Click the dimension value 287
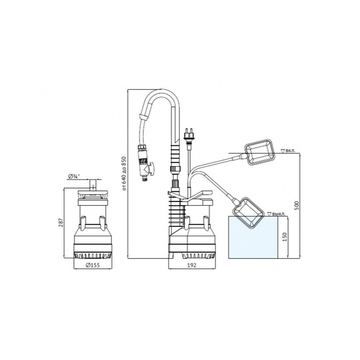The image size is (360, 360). [x=61, y=222]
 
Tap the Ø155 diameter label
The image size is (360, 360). [x=93, y=265]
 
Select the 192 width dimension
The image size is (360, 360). [x=192, y=265]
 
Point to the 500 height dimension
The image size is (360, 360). [x=297, y=205]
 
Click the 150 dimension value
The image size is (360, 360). [x=285, y=237]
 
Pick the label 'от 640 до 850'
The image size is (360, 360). [x=124, y=174]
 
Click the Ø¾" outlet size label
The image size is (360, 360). [x=74, y=176]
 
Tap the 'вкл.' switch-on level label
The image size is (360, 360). [x=291, y=151]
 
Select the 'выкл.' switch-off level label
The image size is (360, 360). [x=279, y=214]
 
